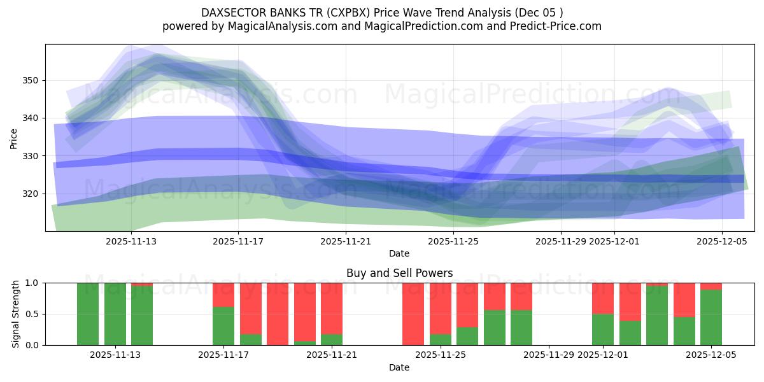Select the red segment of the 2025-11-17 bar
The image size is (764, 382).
[x=223, y=294]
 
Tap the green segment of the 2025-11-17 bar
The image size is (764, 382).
[x=223, y=326]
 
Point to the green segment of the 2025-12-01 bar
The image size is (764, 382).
[x=602, y=330]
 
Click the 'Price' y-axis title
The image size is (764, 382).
[x=14, y=138]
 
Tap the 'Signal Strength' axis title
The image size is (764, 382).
[x=16, y=314]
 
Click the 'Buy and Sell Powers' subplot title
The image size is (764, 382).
[x=399, y=273]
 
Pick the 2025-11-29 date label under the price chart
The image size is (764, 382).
[x=560, y=241]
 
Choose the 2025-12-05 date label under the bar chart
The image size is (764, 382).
[x=711, y=355]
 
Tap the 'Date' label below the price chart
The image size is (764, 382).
[x=399, y=253]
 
